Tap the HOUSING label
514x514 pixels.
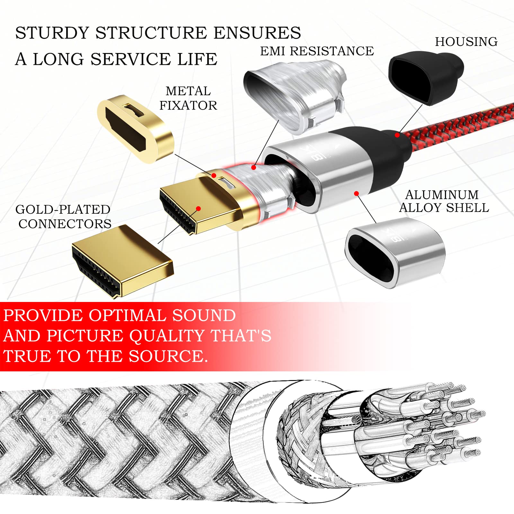(466, 42)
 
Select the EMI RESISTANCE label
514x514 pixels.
(317, 51)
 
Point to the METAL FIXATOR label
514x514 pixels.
(188, 98)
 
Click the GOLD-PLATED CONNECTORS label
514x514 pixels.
(64, 217)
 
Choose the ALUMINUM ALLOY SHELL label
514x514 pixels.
(444, 201)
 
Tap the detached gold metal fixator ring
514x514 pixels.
(135, 128)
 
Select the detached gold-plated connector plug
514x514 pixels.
(122, 260)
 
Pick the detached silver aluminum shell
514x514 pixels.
(395, 252)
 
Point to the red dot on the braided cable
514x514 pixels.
(397, 135)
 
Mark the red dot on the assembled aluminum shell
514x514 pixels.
(356, 193)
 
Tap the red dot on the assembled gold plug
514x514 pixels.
(199, 209)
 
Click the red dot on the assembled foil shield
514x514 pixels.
(254, 167)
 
